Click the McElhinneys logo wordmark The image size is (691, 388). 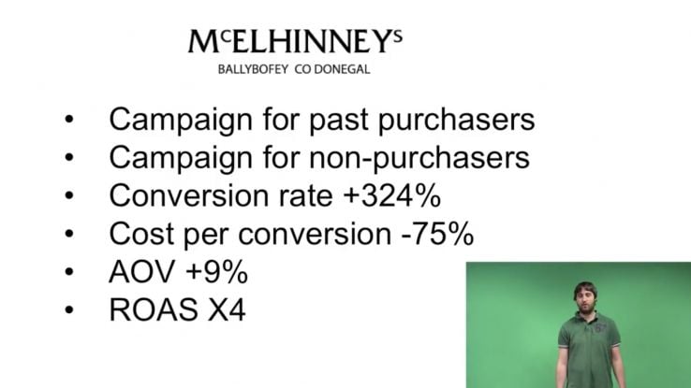point(295,41)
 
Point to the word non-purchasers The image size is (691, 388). point(419,157)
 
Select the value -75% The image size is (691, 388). point(437,234)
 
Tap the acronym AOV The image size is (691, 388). point(142,271)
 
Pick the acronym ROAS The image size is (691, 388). point(154,309)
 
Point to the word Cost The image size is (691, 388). point(141,234)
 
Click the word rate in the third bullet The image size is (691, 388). point(305,195)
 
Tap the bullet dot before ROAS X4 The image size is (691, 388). point(69,310)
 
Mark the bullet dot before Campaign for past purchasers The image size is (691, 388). point(69,119)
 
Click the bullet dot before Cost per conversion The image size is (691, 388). point(69,234)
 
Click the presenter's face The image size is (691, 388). point(585,299)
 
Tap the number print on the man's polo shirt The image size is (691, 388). point(601,328)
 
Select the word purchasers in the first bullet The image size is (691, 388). point(457,120)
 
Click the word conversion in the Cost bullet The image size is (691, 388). point(315,234)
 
